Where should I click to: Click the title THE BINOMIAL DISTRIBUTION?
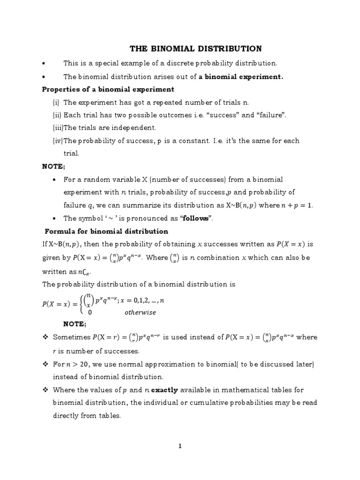[x=195, y=49]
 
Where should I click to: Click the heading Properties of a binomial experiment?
[x=108, y=89]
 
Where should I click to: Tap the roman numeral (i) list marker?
[x=56, y=102]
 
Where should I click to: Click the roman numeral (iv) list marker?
[x=57, y=141]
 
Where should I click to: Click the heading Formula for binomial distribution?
[x=106, y=231]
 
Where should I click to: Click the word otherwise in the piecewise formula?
[x=140, y=312]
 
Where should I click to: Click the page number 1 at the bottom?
[x=180, y=446]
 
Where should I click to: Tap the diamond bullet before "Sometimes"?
[x=45, y=337]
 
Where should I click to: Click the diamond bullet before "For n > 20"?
[x=45, y=364]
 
